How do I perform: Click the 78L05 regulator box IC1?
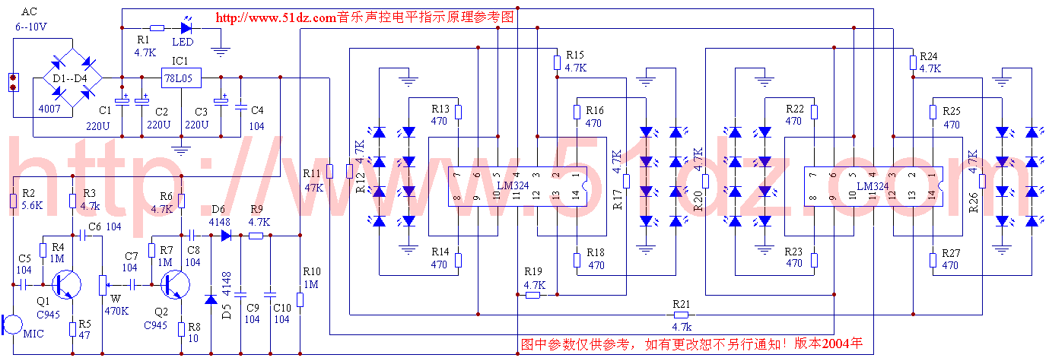click(180, 78)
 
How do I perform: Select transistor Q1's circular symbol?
click(67, 284)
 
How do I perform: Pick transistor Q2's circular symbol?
click(176, 284)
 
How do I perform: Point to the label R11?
click(312, 173)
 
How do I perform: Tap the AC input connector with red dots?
click(12, 81)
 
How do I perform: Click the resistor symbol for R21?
click(681, 314)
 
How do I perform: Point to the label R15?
click(575, 55)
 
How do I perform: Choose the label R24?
click(930, 56)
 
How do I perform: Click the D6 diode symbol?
click(226, 236)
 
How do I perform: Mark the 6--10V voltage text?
click(30, 27)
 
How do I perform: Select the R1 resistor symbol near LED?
click(156, 27)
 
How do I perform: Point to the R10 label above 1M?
click(312, 271)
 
